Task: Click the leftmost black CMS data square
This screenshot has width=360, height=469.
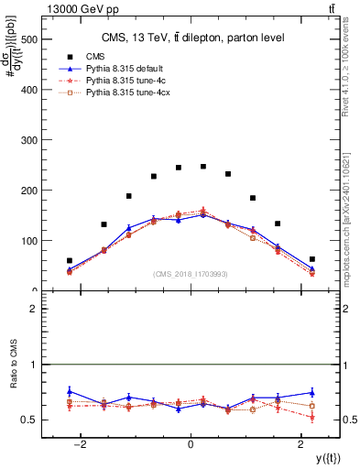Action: click(70, 261)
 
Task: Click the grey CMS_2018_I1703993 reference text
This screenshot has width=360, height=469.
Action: click(191, 274)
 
